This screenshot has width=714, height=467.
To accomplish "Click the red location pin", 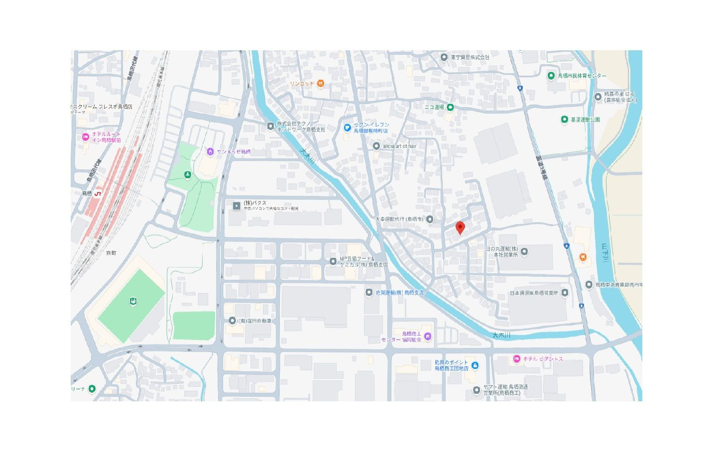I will [460, 228].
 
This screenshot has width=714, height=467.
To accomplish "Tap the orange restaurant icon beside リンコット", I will [321, 84].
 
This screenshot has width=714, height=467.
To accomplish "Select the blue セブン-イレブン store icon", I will [348, 127].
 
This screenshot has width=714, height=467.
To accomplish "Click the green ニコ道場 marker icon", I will [450, 107].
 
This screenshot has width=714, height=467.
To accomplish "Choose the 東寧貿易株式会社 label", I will [470, 57].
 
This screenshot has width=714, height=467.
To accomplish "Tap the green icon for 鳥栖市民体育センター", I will [551, 76].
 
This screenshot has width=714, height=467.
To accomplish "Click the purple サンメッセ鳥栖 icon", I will [210, 151].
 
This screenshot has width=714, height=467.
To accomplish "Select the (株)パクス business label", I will [255, 203].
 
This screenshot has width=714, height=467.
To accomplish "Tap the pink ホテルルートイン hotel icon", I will [86, 137].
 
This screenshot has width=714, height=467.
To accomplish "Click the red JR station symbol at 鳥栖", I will [98, 193].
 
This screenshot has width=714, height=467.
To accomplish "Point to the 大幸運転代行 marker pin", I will [430, 219].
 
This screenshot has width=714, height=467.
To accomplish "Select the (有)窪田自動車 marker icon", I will [232, 321].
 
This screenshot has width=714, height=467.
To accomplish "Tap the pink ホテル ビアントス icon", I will [517, 358].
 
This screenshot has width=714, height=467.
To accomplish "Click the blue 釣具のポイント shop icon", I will [475, 365].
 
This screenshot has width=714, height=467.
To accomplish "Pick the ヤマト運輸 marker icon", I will [476, 390].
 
